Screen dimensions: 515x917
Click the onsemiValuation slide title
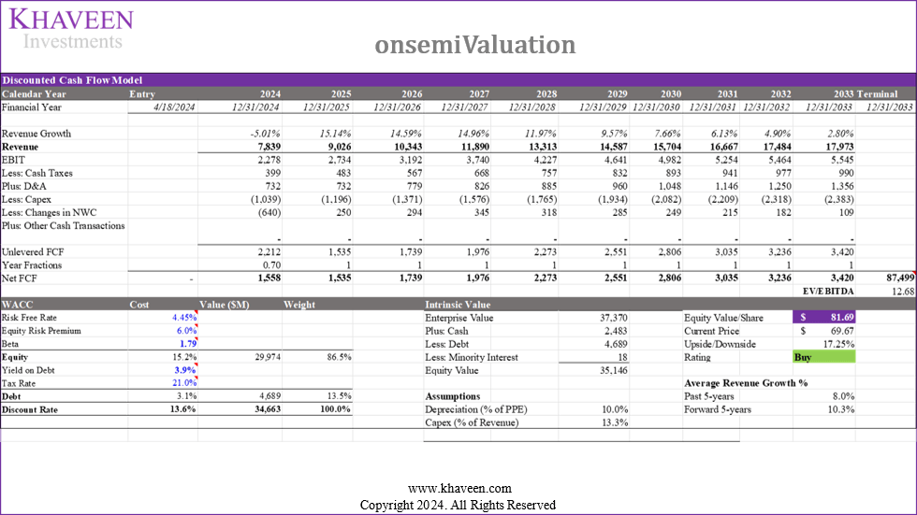(475, 45)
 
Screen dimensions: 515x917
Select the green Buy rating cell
(822, 357)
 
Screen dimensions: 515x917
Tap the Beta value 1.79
(188, 344)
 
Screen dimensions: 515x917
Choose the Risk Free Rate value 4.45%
(183, 318)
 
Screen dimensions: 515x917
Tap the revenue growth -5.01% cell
(262, 134)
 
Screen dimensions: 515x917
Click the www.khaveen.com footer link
(458, 489)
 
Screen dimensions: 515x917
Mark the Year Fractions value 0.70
(270, 265)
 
